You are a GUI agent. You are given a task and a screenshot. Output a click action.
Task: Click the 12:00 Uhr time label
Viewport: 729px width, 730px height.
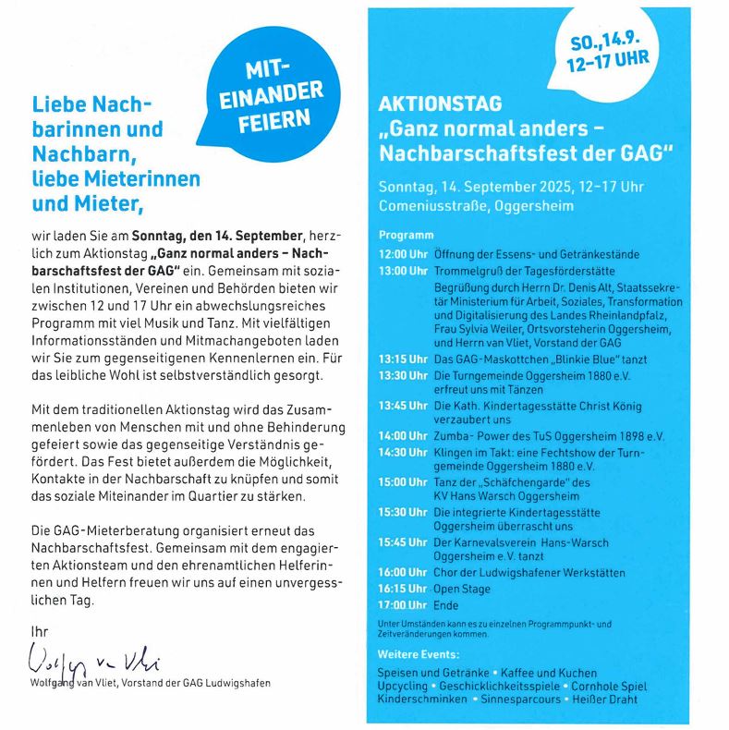403,254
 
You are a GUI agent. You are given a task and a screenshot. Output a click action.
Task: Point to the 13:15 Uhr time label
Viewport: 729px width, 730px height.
403,359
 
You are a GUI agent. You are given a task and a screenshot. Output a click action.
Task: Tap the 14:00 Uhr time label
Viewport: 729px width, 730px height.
403,435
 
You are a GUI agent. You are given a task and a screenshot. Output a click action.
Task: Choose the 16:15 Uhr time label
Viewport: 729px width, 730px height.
403,589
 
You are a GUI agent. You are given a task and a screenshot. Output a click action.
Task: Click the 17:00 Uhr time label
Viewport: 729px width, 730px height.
403,605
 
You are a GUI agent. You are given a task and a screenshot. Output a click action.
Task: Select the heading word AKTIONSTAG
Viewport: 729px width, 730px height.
440,104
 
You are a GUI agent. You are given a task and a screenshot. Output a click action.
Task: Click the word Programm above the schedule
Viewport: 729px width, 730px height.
406,236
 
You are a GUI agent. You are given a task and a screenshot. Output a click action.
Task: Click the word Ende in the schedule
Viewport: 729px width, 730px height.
446,605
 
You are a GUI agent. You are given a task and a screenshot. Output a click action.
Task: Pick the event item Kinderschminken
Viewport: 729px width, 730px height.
423,700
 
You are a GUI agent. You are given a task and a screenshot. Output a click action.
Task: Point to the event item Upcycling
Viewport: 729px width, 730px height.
403,687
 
